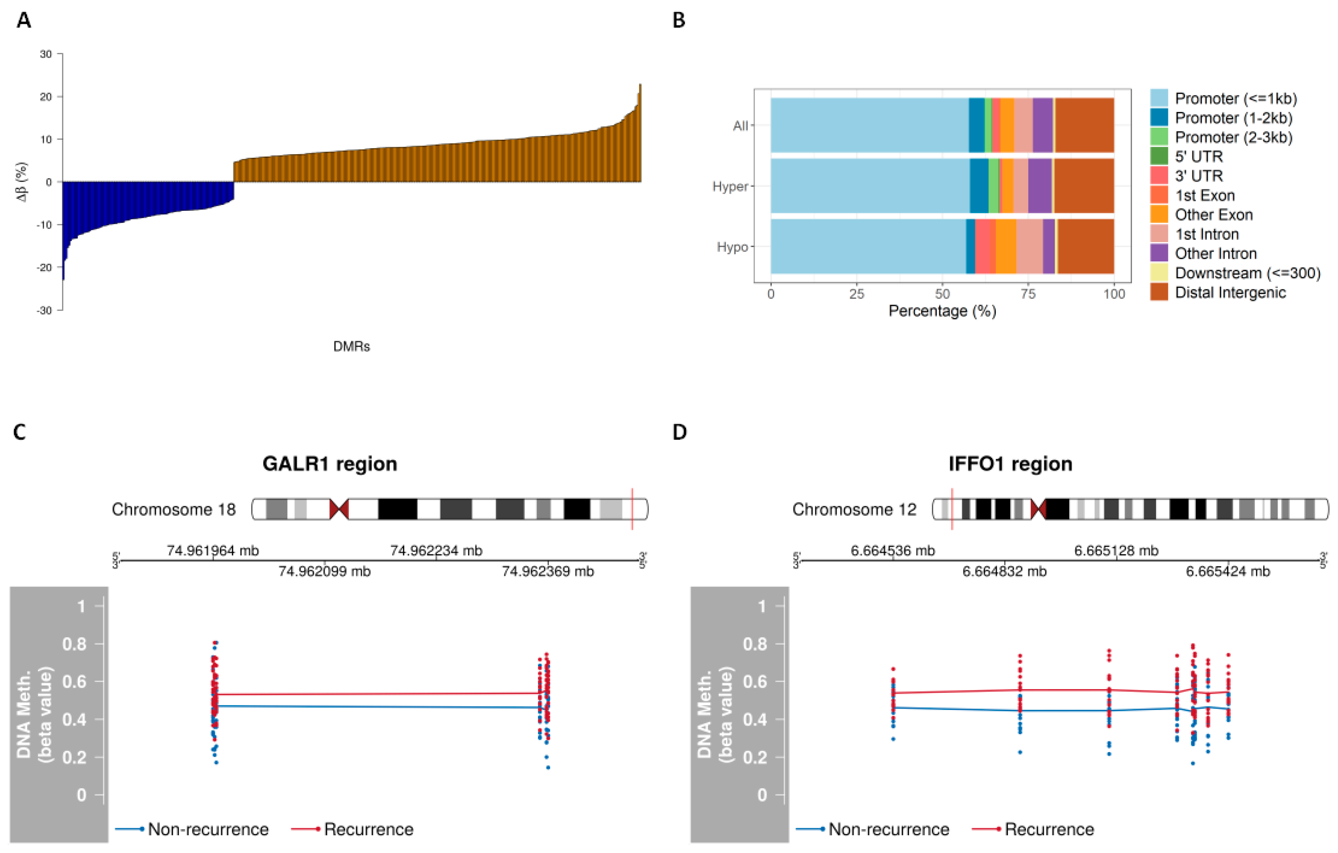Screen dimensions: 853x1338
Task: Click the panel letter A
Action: [x=23, y=20]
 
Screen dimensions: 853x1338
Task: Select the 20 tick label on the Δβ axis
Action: [x=46, y=97]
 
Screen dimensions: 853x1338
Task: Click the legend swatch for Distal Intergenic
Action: [x=1159, y=292]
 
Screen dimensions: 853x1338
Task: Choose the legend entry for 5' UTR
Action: [x=1199, y=157]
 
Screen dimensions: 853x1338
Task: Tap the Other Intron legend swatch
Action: [x=1159, y=253]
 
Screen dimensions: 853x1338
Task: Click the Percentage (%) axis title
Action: [x=942, y=311]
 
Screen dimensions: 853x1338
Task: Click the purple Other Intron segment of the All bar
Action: [x=1042, y=125]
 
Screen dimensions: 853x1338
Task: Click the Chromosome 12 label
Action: [x=854, y=509]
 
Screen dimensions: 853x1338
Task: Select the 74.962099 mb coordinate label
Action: [x=324, y=571]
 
